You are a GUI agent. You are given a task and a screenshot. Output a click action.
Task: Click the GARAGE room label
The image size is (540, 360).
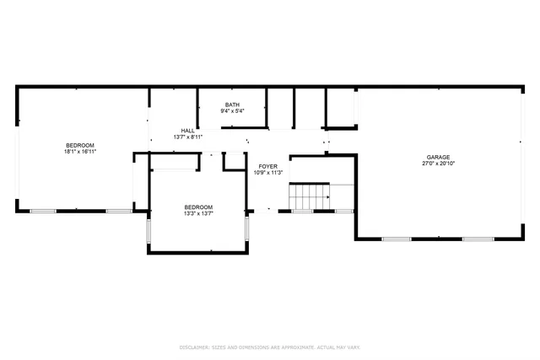[437, 158]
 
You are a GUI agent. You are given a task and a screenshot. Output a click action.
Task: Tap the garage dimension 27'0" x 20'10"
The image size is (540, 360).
[437, 164]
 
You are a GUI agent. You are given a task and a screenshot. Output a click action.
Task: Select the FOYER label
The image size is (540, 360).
[267, 167]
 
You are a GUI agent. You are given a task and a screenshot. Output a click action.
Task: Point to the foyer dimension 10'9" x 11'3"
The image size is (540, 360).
[267, 174]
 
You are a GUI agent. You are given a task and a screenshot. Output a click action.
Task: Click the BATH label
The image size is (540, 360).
[232, 104]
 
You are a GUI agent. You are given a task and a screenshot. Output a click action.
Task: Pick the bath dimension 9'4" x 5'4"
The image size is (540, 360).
[232, 110]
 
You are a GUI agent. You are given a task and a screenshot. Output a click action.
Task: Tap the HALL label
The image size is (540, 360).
[187, 131]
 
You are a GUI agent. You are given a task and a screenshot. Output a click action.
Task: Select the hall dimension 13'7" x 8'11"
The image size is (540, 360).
[187, 137]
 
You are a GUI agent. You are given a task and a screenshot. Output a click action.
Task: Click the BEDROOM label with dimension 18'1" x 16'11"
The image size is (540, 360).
[80, 146]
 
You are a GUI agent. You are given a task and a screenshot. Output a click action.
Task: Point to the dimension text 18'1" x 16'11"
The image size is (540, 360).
[80, 153]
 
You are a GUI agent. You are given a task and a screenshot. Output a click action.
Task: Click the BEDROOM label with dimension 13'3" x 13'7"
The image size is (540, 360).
[199, 207]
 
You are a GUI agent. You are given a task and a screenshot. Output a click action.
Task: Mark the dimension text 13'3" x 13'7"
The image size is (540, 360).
[199, 214]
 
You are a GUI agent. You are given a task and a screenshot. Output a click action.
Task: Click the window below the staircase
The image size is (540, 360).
[302, 211]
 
